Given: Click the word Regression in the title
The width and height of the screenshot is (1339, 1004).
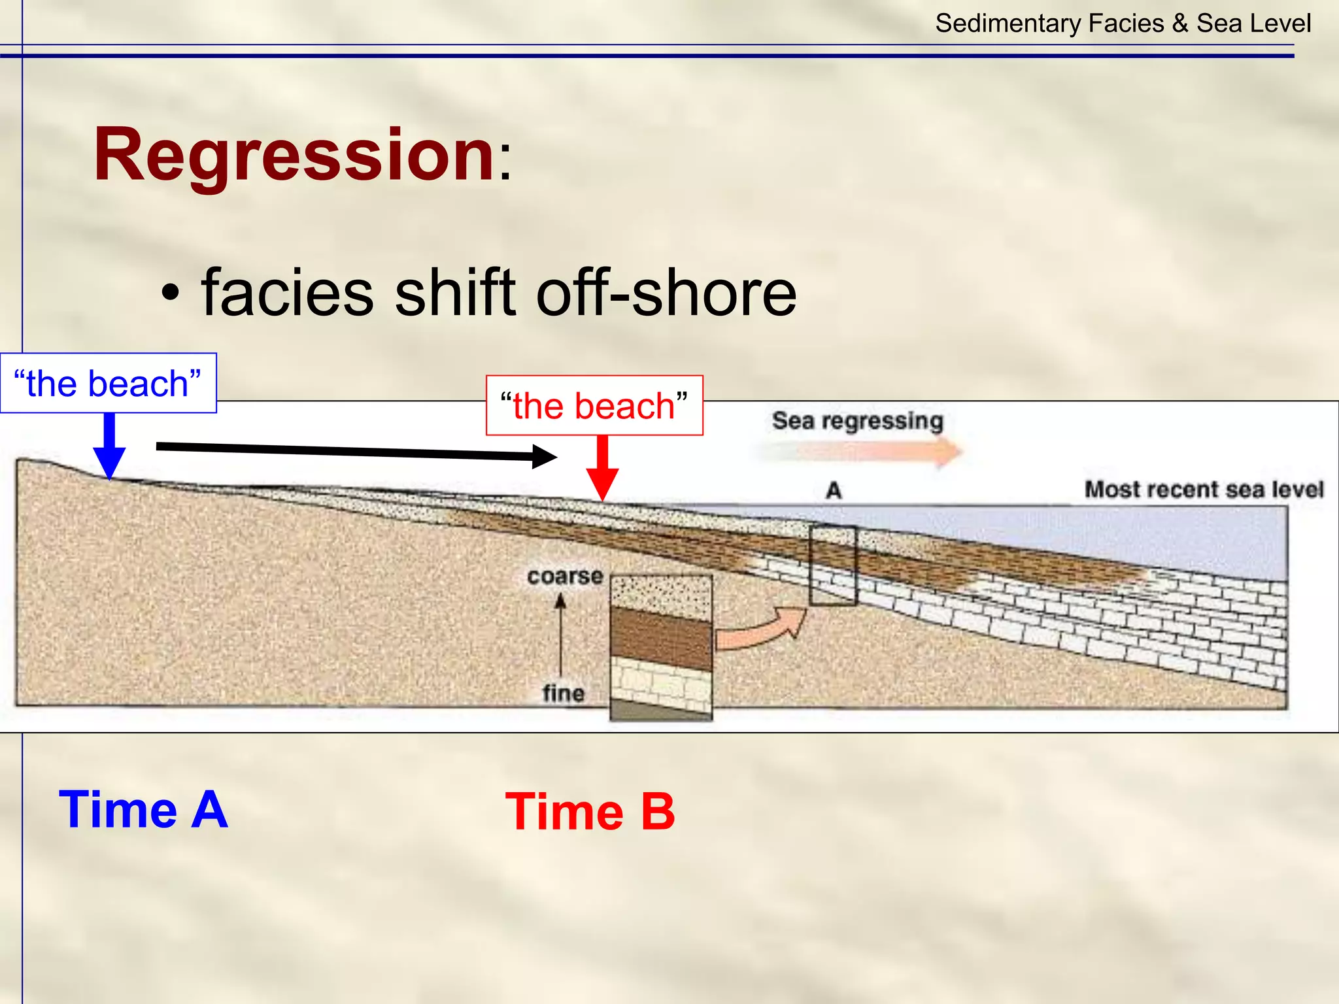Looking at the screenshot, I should [x=294, y=156].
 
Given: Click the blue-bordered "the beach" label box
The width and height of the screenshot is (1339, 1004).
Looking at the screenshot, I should [x=108, y=383].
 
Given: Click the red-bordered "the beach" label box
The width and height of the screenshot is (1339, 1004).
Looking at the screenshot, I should [x=594, y=405].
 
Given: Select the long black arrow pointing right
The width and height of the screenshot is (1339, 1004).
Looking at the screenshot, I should [x=356, y=452].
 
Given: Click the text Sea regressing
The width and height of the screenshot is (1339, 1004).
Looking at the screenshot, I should [x=857, y=420].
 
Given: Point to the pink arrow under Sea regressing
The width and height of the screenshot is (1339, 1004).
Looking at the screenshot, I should [x=863, y=452].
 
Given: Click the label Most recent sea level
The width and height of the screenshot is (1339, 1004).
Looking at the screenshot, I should [x=1204, y=489].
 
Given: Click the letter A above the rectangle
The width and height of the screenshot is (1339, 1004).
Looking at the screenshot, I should [x=834, y=490].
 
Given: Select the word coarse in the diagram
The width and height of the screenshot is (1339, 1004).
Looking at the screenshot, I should [x=565, y=577].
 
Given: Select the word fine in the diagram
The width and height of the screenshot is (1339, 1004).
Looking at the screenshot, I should [x=563, y=693].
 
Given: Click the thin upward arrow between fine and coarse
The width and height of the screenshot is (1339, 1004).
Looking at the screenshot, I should [x=560, y=634].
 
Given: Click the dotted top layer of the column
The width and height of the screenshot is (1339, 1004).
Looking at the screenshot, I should [x=661, y=596].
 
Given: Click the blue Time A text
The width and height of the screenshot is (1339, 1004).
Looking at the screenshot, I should [x=143, y=809].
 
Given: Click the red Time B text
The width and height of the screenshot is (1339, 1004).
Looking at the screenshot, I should [x=590, y=812].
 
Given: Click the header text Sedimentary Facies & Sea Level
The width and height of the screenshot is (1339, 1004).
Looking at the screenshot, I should [x=1123, y=24].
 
